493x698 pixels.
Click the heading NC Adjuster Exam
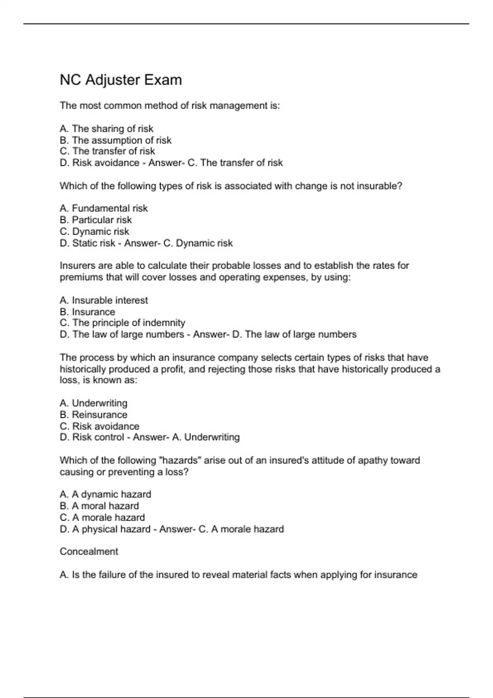tap(121, 80)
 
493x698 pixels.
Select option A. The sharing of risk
tap(106, 129)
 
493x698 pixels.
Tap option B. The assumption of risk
tap(115, 140)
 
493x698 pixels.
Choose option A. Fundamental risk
tap(104, 209)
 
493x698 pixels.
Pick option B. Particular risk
tap(96, 220)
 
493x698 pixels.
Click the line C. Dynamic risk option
tap(94, 232)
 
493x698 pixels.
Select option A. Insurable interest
tap(104, 301)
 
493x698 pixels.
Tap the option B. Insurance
tap(88, 312)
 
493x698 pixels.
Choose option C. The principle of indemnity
tap(122, 323)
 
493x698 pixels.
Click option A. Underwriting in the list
tap(93, 403)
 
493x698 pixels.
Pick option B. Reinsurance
tap(93, 415)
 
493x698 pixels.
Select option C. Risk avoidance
tap(99, 426)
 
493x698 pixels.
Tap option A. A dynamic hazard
tap(105, 494)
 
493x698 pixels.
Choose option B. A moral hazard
tap(99, 506)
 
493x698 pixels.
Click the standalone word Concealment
tap(89, 551)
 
